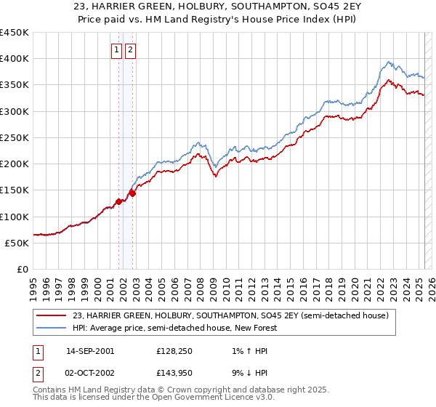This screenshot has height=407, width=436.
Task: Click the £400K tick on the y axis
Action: pyautogui.click(x=15, y=59)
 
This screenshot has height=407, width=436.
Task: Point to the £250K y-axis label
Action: pyautogui.click(x=15, y=137)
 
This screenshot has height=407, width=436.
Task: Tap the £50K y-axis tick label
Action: pyautogui.click(x=17, y=243)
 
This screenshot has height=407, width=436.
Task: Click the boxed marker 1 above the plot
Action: pyautogui.click(x=117, y=50)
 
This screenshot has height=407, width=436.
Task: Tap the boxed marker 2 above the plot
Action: pyautogui.click(x=130, y=50)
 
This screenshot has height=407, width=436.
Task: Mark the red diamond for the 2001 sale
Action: pyautogui.click(x=118, y=201)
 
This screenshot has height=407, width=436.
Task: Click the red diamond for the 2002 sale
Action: pyautogui.click(x=132, y=193)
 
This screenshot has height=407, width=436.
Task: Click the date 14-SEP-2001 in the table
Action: pyautogui.click(x=90, y=350)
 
